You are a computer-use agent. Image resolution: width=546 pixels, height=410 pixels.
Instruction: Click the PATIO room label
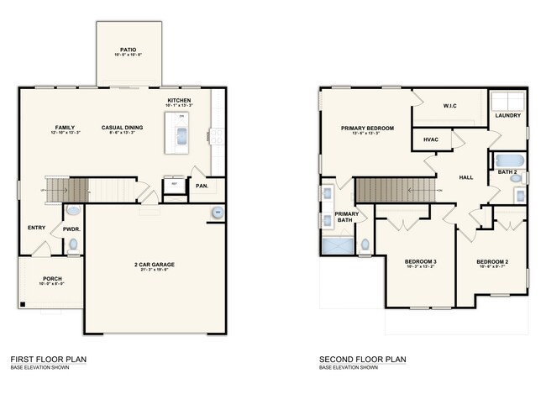129,49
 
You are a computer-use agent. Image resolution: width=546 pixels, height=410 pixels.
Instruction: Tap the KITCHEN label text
179,100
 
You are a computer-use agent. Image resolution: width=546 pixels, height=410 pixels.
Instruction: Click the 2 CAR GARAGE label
153,265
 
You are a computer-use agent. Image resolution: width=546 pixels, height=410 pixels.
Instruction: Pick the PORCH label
52,279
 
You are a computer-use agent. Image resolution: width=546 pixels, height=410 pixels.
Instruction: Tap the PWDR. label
71,228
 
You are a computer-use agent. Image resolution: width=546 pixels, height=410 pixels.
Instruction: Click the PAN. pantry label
202,186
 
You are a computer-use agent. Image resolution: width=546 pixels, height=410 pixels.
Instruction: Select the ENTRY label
36,228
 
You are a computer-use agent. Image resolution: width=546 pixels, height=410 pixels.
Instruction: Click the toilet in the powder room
73,244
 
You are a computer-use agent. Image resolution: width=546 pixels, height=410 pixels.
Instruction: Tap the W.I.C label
449,106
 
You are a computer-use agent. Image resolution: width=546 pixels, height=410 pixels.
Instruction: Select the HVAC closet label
431,139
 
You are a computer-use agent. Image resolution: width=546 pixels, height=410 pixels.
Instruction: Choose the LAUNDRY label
507,116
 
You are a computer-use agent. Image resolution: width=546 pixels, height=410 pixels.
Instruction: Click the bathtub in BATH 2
510,160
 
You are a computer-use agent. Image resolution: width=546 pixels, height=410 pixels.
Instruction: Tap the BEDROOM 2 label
493,262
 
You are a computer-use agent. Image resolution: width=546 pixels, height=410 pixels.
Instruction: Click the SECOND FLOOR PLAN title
362,360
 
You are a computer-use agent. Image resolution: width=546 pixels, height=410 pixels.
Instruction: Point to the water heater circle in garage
217,213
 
